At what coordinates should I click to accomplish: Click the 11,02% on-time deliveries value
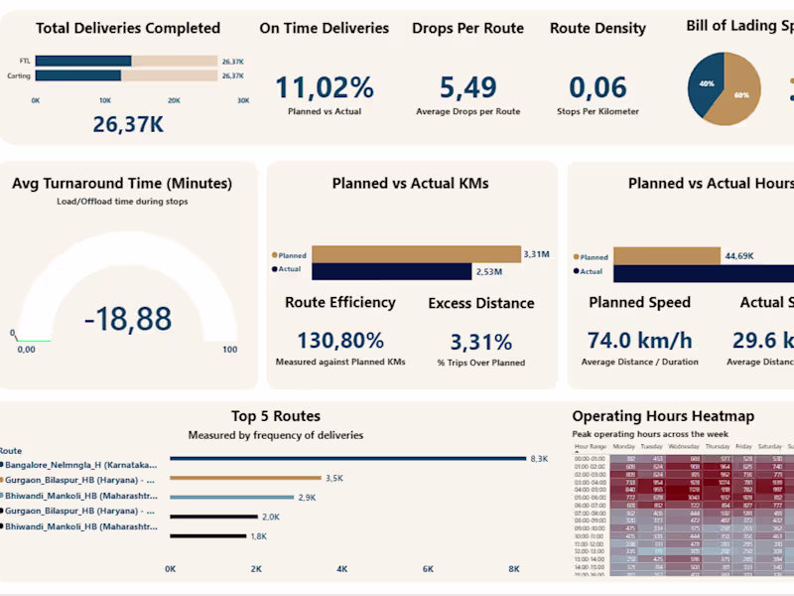tap(325, 88)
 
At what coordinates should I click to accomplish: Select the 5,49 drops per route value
tap(467, 88)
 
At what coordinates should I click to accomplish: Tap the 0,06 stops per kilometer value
tap(597, 88)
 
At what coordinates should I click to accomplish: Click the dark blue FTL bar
tap(84, 62)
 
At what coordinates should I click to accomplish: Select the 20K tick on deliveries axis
tap(174, 100)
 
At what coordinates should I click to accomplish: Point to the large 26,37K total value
tap(128, 125)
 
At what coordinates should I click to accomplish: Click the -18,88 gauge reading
tap(128, 319)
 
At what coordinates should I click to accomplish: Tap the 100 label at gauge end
tap(229, 350)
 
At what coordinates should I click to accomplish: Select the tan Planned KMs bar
tap(416, 254)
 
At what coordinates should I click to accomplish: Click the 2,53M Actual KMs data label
tap(488, 271)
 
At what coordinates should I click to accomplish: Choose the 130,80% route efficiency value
tap(340, 342)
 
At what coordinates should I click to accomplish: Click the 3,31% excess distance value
tap(481, 343)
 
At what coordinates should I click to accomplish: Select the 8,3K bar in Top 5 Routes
tap(347, 459)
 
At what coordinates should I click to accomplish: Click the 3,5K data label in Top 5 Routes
tap(334, 478)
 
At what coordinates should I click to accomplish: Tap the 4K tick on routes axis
tap(341, 569)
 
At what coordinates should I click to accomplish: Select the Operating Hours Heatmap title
tap(663, 416)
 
